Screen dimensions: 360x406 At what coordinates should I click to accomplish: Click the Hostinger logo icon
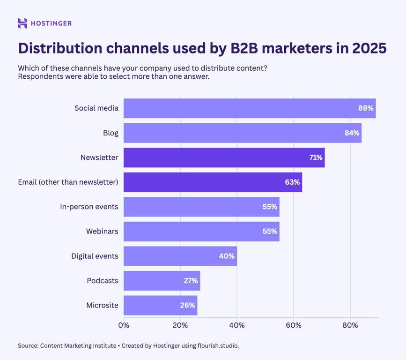22,23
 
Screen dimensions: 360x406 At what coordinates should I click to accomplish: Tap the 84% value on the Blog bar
352,133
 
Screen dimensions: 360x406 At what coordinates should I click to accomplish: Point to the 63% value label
292,182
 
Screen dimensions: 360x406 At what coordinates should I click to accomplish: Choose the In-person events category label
89,207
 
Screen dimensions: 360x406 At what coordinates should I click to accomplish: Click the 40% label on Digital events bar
227,256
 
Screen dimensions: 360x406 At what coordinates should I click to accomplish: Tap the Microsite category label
102,306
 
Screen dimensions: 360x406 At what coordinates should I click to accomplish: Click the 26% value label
187,306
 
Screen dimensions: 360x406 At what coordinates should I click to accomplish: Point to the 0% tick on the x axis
124,325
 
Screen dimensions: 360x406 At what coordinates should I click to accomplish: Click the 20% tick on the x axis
180,325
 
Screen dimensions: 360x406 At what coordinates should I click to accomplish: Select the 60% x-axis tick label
294,325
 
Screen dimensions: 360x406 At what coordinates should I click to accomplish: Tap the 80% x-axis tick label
350,325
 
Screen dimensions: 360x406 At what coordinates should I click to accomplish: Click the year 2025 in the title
368,48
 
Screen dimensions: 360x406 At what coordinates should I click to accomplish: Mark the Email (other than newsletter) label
68,182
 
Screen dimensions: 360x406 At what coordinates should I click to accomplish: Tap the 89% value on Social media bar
366,108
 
